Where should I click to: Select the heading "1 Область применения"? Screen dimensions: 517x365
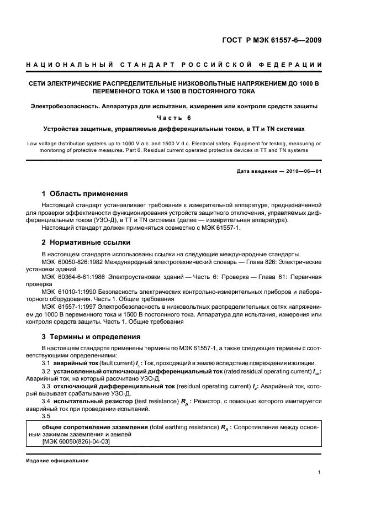(85, 194)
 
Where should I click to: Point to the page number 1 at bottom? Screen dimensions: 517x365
(320, 472)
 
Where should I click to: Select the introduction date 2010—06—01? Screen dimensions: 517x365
(303, 171)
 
